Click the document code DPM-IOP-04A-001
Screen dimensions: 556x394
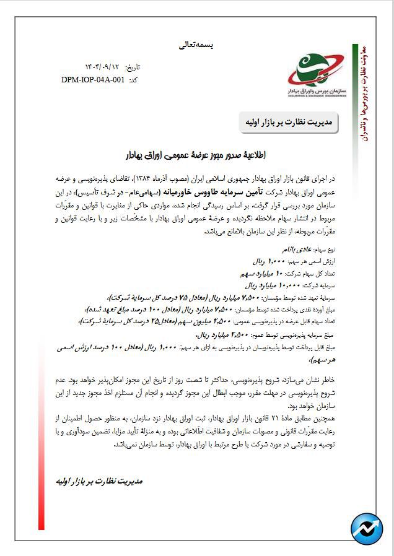94,80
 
